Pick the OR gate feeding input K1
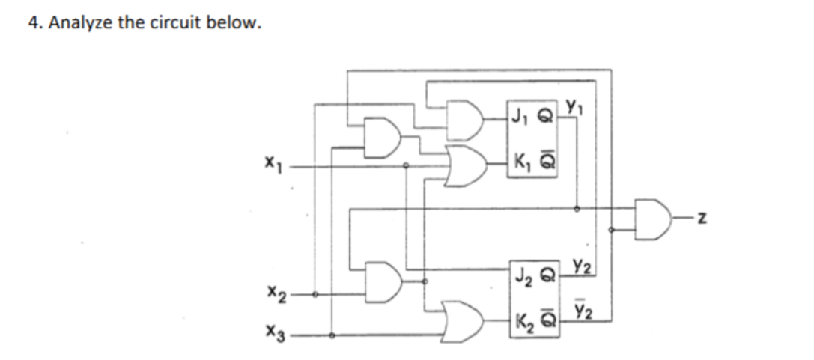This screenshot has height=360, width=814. click(x=461, y=162)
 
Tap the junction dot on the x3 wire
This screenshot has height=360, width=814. click(x=332, y=335)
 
